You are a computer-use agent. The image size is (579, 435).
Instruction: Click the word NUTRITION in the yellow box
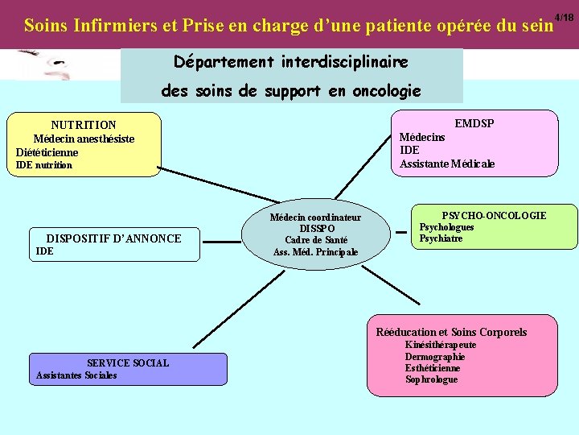click(x=84, y=125)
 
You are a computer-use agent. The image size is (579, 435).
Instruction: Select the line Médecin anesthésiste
click(x=84, y=139)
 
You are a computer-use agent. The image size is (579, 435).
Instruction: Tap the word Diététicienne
click(x=47, y=152)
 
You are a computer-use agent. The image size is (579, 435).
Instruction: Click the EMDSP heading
click(x=474, y=123)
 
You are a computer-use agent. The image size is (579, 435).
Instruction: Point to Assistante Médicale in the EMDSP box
click(x=447, y=164)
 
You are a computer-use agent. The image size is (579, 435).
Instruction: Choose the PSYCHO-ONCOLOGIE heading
click(x=494, y=215)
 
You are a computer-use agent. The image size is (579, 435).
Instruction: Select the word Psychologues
click(x=447, y=227)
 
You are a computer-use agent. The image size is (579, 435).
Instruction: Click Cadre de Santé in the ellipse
click(x=316, y=240)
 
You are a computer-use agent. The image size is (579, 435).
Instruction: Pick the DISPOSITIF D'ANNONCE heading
click(x=113, y=238)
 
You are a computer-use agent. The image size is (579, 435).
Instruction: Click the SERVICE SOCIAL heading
click(x=128, y=363)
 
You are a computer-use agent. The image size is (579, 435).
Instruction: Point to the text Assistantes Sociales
click(x=76, y=375)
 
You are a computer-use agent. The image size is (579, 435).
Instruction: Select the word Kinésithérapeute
click(x=441, y=345)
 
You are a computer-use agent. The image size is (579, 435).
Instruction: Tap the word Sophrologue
click(x=431, y=379)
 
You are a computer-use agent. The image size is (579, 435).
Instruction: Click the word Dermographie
click(x=435, y=357)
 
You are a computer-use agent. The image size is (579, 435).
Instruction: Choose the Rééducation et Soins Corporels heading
click(x=451, y=332)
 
